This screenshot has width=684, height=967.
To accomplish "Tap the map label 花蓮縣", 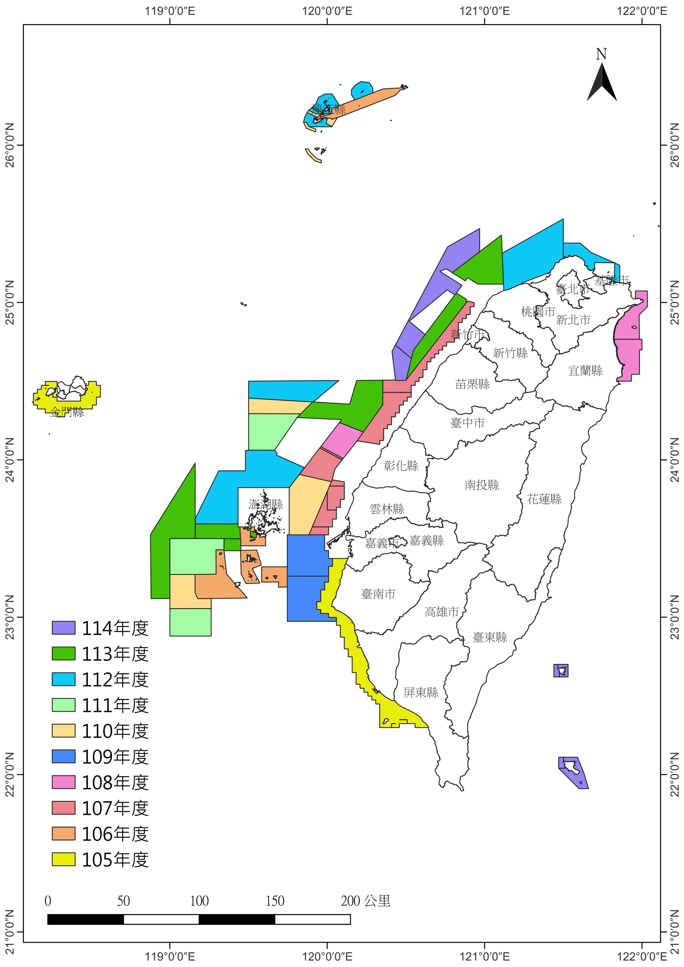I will [x=544, y=499].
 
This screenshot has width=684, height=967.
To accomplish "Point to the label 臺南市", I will [x=378, y=594].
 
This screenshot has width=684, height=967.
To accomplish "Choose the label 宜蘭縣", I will [x=586, y=371].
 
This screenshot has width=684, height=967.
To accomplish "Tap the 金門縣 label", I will [x=67, y=412].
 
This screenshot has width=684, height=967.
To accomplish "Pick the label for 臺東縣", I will [x=490, y=637].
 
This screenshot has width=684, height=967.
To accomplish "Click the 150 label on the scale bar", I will [x=275, y=901].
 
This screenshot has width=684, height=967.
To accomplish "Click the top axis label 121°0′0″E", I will [x=485, y=11].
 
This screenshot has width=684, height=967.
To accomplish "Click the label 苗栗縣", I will [x=472, y=384].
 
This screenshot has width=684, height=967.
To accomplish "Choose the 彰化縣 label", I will [x=401, y=466].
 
